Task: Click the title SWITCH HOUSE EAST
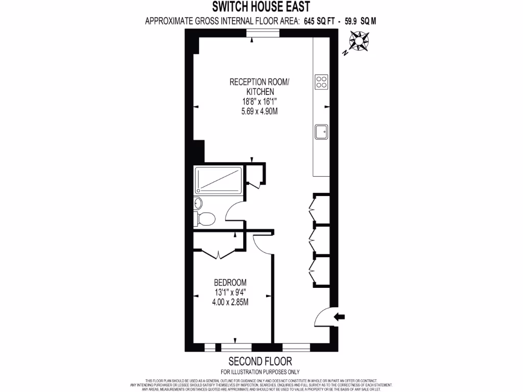[x=261, y=7]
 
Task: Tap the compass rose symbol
[x=360, y=41]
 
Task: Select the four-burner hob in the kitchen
[x=322, y=82]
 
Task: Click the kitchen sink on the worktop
[x=322, y=132]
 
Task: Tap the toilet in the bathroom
[x=205, y=219]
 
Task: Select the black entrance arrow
[x=339, y=317]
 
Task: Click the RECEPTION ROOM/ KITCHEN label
[x=259, y=87]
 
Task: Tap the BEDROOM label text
[x=230, y=282]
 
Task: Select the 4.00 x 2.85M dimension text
[x=230, y=302]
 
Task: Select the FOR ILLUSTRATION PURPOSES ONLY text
[x=260, y=372]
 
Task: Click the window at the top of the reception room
[x=263, y=33]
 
